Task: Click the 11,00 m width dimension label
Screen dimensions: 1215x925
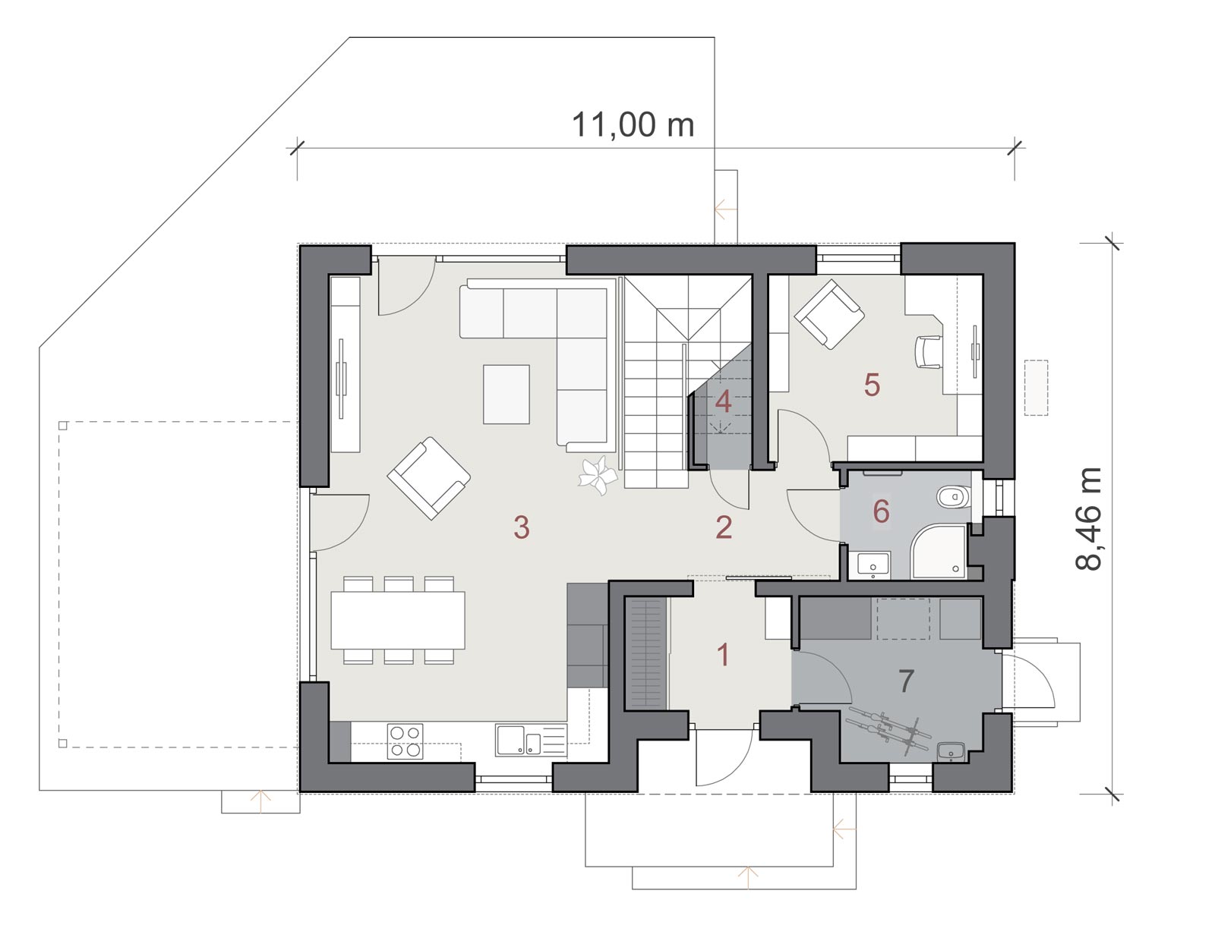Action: pyautogui.click(x=633, y=125)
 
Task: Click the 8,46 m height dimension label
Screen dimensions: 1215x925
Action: pyautogui.click(x=1088, y=518)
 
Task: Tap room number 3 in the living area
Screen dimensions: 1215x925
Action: pyautogui.click(x=522, y=527)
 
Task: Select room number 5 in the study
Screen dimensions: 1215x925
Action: pyautogui.click(x=872, y=385)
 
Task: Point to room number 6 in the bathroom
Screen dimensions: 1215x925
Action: pyautogui.click(x=881, y=511)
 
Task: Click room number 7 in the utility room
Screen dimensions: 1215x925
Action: pyautogui.click(x=906, y=681)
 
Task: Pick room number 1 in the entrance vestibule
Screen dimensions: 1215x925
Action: pyautogui.click(x=722, y=655)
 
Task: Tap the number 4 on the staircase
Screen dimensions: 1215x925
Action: pyautogui.click(x=723, y=402)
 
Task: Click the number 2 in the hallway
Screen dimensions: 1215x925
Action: pyautogui.click(x=724, y=527)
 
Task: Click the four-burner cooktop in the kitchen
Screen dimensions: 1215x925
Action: pyautogui.click(x=405, y=741)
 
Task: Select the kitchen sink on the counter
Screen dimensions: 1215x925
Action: pyautogui.click(x=531, y=741)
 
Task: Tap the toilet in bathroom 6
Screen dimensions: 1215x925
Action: pyautogui.click(x=955, y=497)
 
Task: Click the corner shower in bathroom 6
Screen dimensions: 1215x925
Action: pyautogui.click(x=939, y=552)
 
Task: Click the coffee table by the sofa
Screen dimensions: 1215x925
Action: pyautogui.click(x=506, y=395)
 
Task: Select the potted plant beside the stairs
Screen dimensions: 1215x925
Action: pyautogui.click(x=598, y=475)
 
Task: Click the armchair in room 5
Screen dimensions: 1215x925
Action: pyautogui.click(x=829, y=313)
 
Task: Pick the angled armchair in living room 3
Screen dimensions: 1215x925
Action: pyautogui.click(x=429, y=478)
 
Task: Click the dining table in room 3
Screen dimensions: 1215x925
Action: pyautogui.click(x=397, y=620)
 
